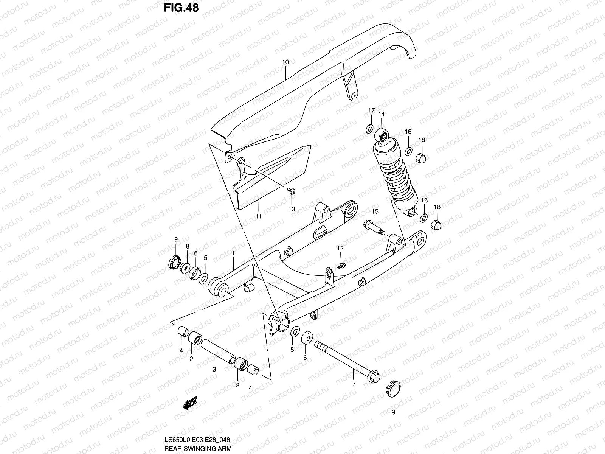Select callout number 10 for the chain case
coord(285,62)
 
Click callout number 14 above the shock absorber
coord(381,114)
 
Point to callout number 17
coord(371,110)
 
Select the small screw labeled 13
coord(291,191)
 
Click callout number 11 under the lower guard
coord(258,216)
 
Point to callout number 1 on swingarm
coord(234,252)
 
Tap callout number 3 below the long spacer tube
coord(214,369)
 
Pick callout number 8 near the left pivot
coord(187,246)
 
